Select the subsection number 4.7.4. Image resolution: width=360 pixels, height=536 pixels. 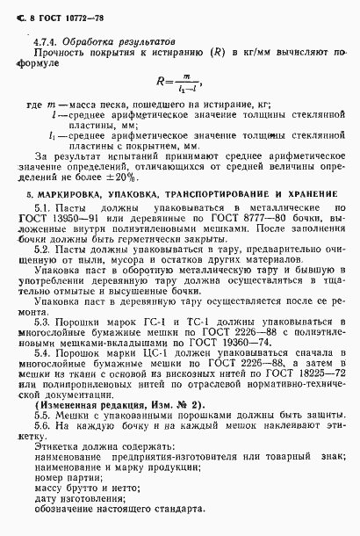(44, 41)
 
